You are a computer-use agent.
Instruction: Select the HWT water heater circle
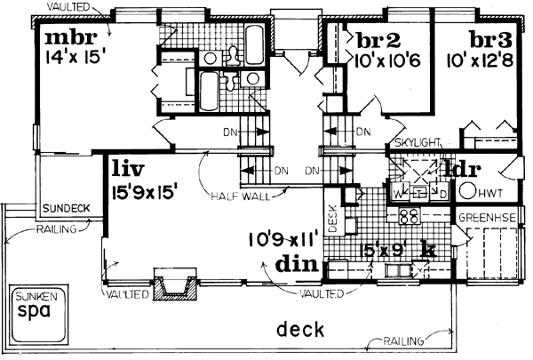pyautogui.click(x=467, y=189)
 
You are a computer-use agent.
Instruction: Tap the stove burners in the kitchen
pyautogui.click(x=410, y=215)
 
